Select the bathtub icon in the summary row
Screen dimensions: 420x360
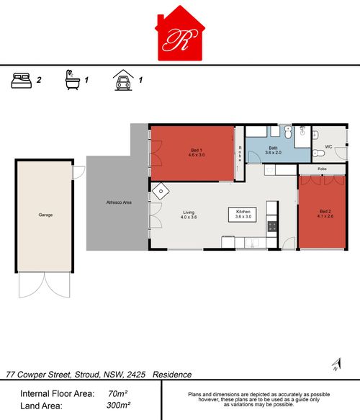coord(71,79)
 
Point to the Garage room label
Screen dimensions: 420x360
coord(45,215)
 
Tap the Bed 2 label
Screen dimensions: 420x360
coord(327,213)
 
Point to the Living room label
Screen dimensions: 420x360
coord(189,214)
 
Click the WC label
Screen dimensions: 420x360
coord(328,146)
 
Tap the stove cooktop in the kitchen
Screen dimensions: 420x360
coord(272,226)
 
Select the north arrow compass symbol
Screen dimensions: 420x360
coord(335,365)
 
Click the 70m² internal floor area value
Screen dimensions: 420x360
coord(117,393)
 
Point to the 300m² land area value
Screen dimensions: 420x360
coord(115,406)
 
